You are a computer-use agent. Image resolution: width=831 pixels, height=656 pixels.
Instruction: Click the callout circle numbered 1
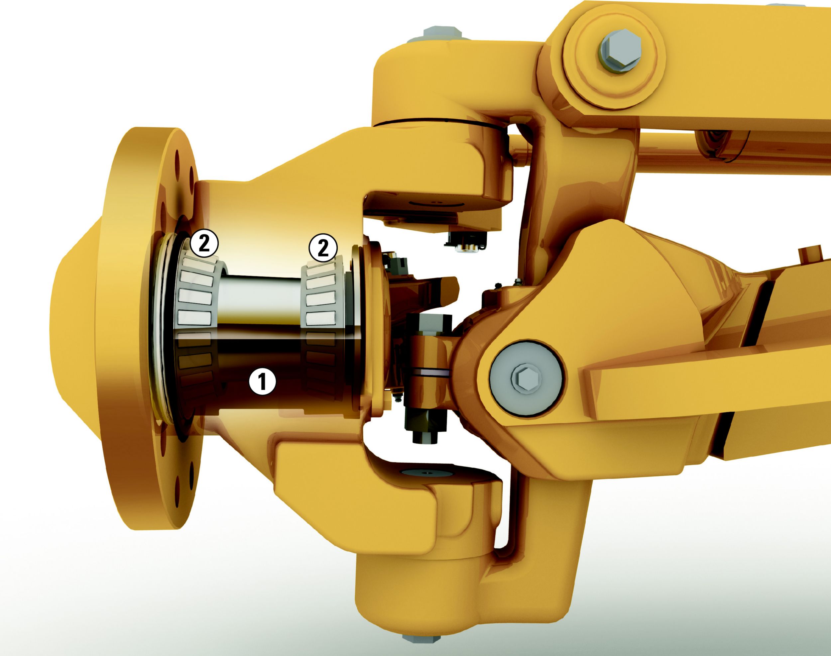click(x=262, y=382)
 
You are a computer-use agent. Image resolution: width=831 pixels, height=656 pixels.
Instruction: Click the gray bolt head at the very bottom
click(x=421, y=647)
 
